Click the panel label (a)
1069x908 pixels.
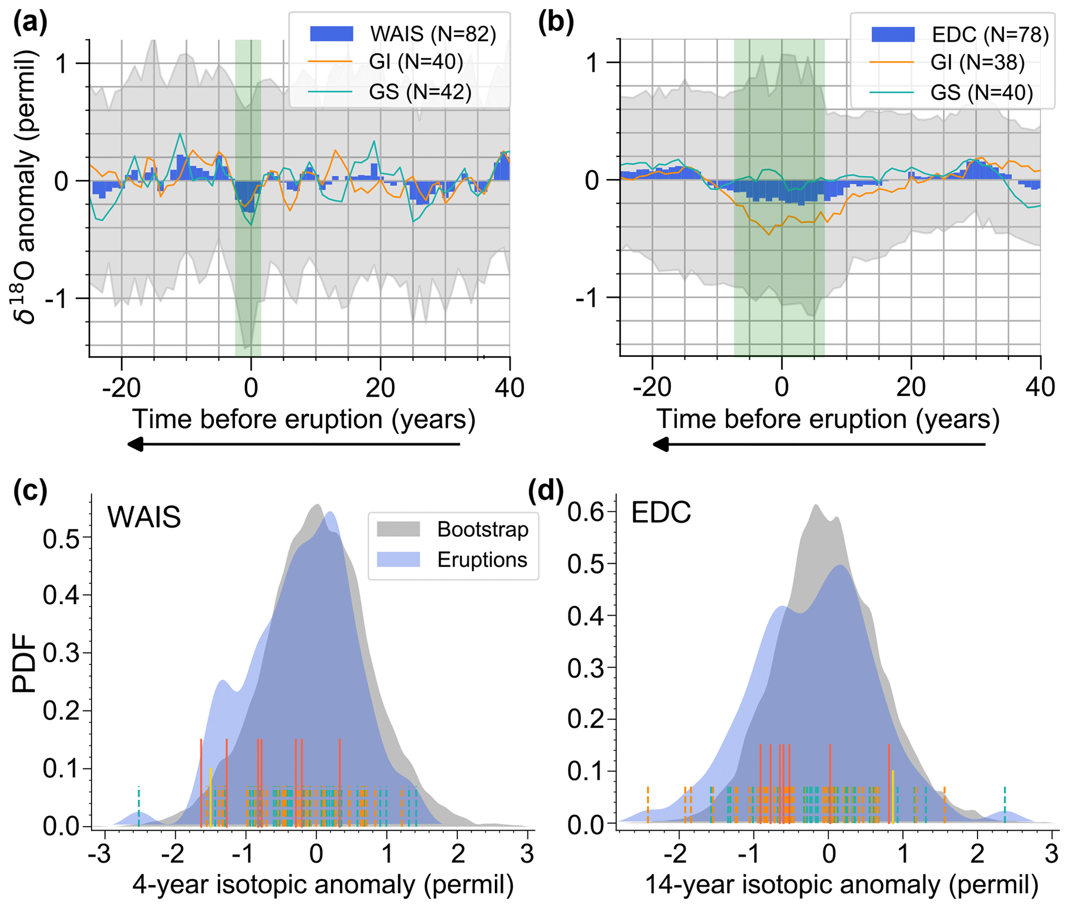pos(31,23)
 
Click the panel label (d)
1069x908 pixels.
pos(546,490)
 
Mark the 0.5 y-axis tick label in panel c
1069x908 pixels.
pos(61,539)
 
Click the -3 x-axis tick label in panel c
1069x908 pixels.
pos(98,854)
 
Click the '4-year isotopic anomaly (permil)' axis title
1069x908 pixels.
pos(323,885)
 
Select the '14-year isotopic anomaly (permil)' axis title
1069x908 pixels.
pos(841,885)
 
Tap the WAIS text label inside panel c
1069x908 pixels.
pos(144,517)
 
